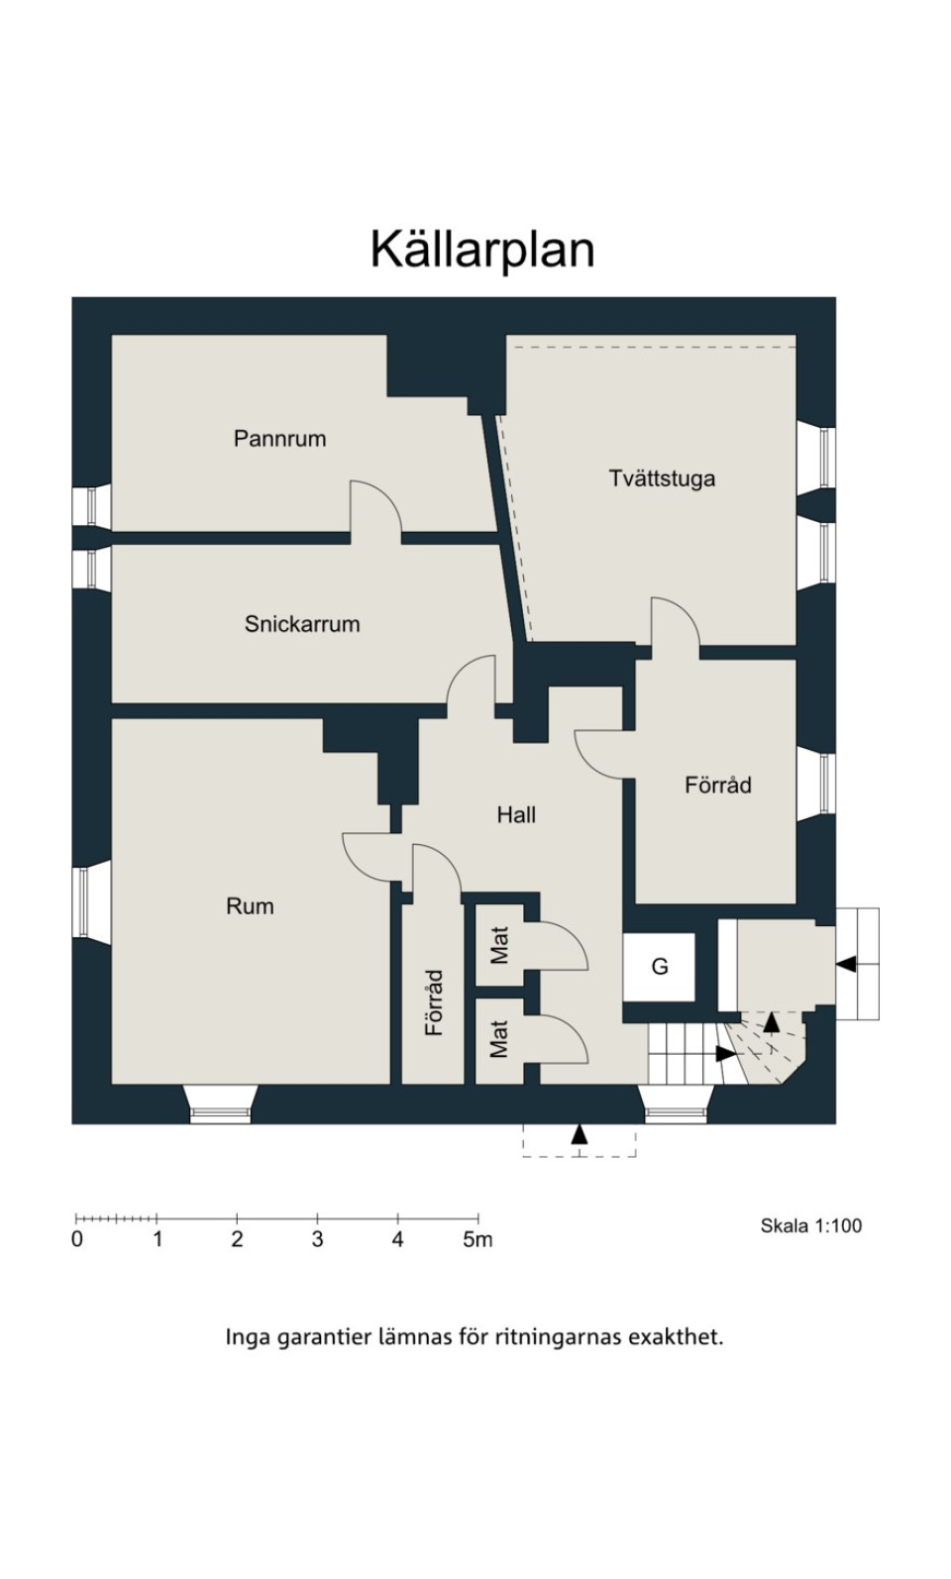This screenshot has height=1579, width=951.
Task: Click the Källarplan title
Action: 482,250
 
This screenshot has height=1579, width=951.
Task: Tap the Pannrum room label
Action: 280,439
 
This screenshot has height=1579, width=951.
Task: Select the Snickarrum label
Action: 302,624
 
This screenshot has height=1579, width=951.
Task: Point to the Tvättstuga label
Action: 662,478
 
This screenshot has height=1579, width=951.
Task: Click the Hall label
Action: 516,815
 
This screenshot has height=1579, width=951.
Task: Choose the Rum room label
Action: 250,905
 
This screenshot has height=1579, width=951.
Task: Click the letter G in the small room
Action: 659,967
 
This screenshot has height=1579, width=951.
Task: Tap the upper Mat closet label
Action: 499,945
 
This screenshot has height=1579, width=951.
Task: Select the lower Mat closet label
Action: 499,1039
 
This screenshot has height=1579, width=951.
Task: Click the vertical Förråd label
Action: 434,1002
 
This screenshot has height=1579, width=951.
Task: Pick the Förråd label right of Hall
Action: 717,785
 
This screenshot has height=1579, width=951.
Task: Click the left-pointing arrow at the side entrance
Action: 845,964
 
